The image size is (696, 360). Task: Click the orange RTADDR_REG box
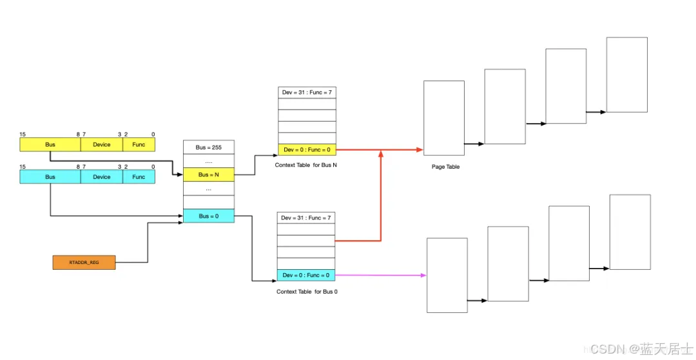click(x=84, y=263)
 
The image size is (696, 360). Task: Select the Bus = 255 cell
click(x=209, y=147)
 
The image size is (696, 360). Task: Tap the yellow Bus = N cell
click(x=209, y=175)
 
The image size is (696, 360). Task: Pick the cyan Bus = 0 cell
click(x=209, y=216)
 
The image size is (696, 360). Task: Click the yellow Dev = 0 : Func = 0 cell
click(x=306, y=149)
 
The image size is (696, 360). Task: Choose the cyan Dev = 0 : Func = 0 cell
click(x=306, y=275)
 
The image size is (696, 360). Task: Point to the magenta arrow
click(x=380, y=275)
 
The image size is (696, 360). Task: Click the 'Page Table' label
click(x=446, y=167)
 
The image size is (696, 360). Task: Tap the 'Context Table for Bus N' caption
click(x=307, y=166)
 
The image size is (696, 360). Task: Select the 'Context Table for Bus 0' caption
click(x=307, y=292)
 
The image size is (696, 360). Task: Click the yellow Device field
click(x=102, y=144)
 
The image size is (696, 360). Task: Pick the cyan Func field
click(x=139, y=176)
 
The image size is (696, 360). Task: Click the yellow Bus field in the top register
click(x=50, y=144)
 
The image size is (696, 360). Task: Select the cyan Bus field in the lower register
click(x=50, y=176)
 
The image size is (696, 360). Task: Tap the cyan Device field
click(x=102, y=176)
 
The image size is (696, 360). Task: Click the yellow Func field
click(x=139, y=144)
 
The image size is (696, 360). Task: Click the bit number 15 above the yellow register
click(x=23, y=134)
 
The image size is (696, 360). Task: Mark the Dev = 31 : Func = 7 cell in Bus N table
click(x=306, y=93)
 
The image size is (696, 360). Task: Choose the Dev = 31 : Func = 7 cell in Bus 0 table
click(x=306, y=218)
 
